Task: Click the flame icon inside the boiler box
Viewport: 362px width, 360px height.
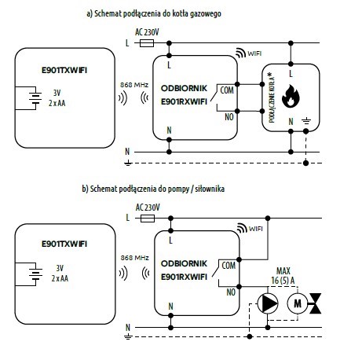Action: (x=291, y=96)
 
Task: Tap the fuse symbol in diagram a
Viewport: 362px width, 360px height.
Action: (x=147, y=43)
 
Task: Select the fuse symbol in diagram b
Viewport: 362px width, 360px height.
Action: (x=148, y=219)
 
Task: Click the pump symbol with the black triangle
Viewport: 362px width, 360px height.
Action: (x=268, y=303)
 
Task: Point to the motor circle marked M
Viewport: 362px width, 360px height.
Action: (x=298, y=303)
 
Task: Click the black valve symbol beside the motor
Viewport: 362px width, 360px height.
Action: (x=315, y=303)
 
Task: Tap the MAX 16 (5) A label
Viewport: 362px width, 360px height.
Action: (x=283, y=276)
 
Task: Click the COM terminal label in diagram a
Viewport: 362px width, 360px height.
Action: (x=227, y=90)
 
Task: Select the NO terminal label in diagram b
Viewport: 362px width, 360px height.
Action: (x=231, y=292)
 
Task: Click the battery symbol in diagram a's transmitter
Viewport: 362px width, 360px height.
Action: (x=35, y=97)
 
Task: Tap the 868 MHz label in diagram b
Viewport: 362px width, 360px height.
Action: (x=134, y=258)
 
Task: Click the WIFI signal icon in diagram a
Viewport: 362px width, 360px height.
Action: (x=240, y=53)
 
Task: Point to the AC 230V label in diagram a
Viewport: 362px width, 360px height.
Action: (x=147, y=32)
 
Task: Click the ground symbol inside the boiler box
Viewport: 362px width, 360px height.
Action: (x=306, y=121)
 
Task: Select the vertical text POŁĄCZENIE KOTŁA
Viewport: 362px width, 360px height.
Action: (x=272, y=98)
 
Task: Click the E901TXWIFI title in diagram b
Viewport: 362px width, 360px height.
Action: (x=64, y=244)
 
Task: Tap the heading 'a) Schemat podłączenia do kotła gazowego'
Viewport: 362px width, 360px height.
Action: (x=154, y=13)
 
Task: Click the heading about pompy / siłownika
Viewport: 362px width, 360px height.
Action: (x=153, y=189)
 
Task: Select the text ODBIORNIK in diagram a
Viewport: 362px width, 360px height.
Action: (x=184, y=88)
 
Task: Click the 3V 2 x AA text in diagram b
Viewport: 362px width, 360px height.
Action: (x=60, y=273)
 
